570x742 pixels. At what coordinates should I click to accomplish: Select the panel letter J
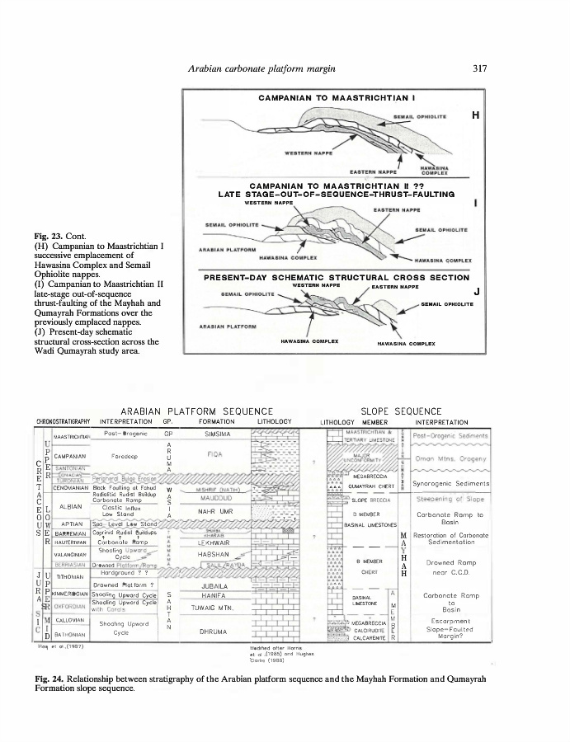tap(477, 290)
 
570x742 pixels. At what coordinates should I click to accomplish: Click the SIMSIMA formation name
tap(218, 433)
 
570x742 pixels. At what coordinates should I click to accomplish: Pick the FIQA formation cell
tap(218, 453)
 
